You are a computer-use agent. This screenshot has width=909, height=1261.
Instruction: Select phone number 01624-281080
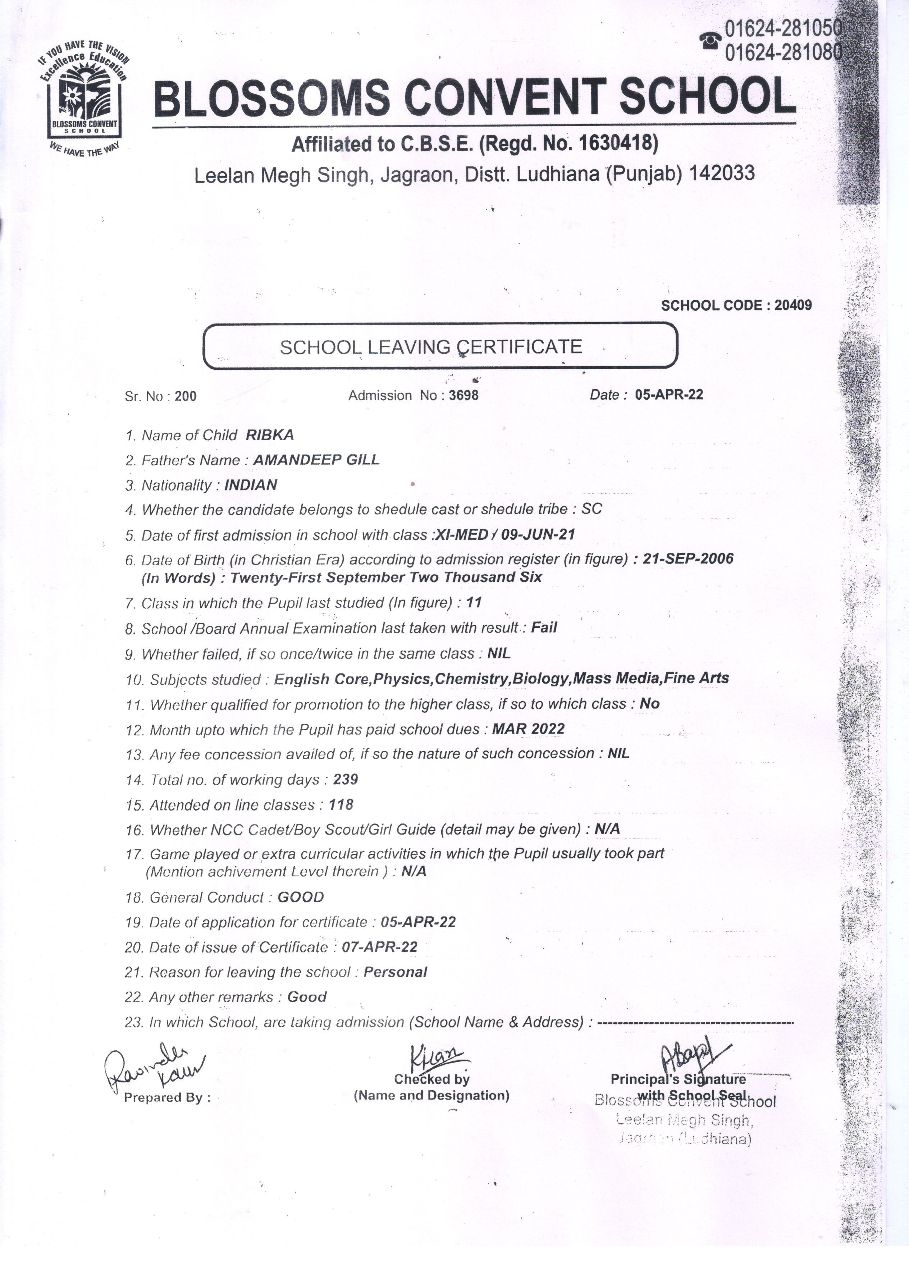click(783, 52)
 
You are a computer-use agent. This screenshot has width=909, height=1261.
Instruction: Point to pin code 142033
click(722, 173)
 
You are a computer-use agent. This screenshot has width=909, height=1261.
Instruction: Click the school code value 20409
click(793, 305)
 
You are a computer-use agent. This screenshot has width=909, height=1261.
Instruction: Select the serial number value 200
click(185, 397)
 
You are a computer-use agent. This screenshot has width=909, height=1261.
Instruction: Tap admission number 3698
click(464, 395)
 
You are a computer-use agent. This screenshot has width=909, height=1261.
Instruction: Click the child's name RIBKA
click(270, 435)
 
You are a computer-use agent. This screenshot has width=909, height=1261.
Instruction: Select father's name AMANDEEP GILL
click(316, 460)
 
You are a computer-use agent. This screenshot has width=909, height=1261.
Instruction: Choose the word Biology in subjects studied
click(542, 678)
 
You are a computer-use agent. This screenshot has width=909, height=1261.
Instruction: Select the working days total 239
click(345, 780)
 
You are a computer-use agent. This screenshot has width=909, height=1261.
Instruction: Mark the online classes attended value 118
click(341, 804)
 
